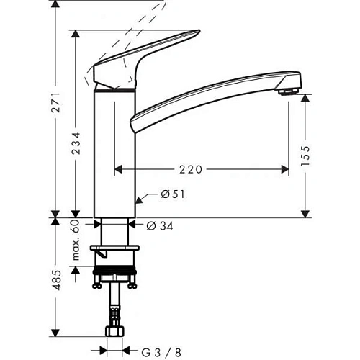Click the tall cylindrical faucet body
click(116, 151)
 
